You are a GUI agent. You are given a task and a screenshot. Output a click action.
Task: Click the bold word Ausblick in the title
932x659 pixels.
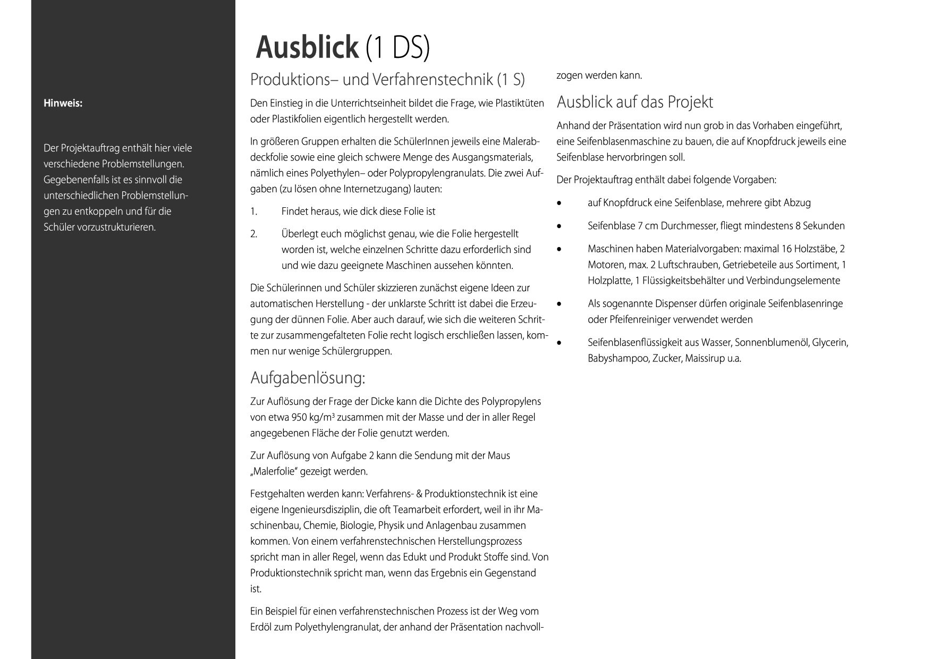[307, 47]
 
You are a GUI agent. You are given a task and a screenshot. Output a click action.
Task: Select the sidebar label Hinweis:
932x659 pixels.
[63, 103]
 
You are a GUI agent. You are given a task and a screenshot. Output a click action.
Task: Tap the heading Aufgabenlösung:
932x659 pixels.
[308, 378]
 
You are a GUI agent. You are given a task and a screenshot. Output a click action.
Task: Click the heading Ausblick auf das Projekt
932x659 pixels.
[634, 102]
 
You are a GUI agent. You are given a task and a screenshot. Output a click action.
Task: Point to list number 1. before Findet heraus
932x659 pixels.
[253, 212]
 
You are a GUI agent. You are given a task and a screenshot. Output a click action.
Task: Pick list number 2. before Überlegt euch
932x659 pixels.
[254, 234]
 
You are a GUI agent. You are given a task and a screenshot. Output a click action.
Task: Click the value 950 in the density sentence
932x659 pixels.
[299, 418]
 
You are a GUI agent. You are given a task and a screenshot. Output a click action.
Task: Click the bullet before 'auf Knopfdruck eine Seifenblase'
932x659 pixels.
[559, 204]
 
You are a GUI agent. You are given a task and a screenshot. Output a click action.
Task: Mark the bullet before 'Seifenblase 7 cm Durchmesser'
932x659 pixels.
[559, 226]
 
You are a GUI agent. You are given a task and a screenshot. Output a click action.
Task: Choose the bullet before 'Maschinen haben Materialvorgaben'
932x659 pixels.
[559, 249]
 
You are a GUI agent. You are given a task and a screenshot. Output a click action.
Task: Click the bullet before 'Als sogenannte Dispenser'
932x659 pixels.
[559, 305]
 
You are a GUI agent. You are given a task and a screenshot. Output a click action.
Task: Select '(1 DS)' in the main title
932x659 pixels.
[397, 47]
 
